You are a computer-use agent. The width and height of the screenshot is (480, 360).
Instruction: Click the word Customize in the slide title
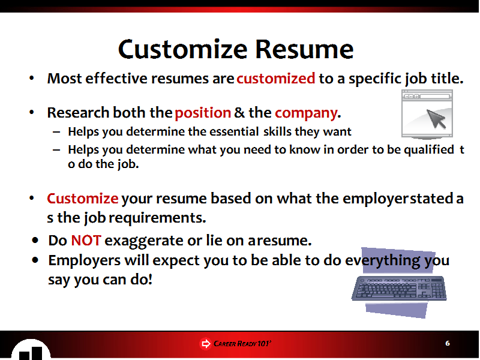[183, 49]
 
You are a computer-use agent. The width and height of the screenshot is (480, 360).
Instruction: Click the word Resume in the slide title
[305, 49]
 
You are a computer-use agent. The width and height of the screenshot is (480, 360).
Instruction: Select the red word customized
[276, 79]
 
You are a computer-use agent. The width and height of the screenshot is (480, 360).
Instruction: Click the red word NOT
[86, 241]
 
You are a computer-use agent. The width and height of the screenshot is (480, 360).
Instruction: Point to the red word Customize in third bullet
[83, 199]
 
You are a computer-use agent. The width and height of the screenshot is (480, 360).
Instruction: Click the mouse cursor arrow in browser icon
[436, 119]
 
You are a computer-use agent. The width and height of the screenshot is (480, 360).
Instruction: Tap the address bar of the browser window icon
[434, 97]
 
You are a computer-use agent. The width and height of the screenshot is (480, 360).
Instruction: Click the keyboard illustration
[399, 289]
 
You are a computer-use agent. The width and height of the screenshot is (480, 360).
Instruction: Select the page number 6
[448, 343]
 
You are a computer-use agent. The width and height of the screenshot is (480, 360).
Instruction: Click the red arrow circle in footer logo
[205, 343]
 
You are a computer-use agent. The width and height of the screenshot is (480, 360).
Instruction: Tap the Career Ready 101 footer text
[242, 343]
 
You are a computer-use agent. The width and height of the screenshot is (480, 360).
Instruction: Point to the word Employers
[85, 261]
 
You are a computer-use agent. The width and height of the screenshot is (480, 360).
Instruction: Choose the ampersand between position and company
[239, 113]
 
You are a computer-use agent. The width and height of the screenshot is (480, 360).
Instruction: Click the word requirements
[157, 218]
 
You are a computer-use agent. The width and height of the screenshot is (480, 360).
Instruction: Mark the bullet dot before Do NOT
[35, 241]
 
